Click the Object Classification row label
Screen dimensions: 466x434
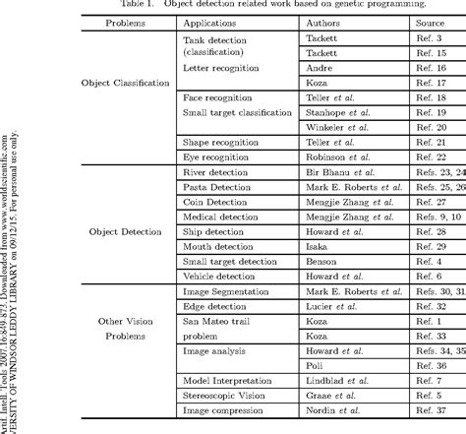point(125,83)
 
